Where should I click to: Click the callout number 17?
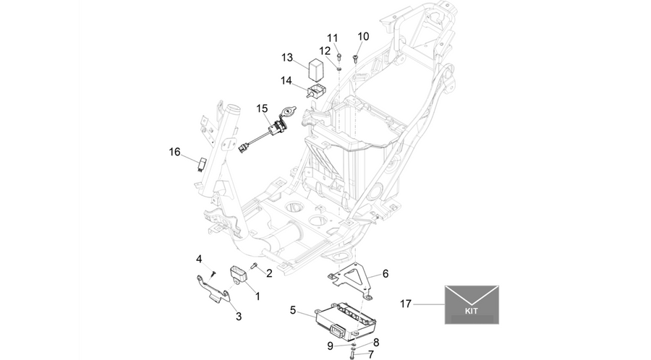pos(405,304)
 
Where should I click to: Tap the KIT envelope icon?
pos(472,304)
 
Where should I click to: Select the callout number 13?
pos(287,57)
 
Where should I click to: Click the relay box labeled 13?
pos(316,69)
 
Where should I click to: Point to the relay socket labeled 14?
pos(316,90)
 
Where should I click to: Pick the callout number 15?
pos(262,108)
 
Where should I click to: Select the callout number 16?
pos(175,153)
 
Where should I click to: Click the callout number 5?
pos(293,310)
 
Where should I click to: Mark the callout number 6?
pos(386,274)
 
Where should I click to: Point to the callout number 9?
pos(330,346)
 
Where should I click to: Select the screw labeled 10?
pos(355,59)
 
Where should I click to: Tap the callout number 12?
pos(325,51)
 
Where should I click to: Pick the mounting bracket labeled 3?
pos(213,288)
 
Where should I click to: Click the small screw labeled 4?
pos(213,273)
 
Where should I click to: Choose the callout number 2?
pos(269,273)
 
